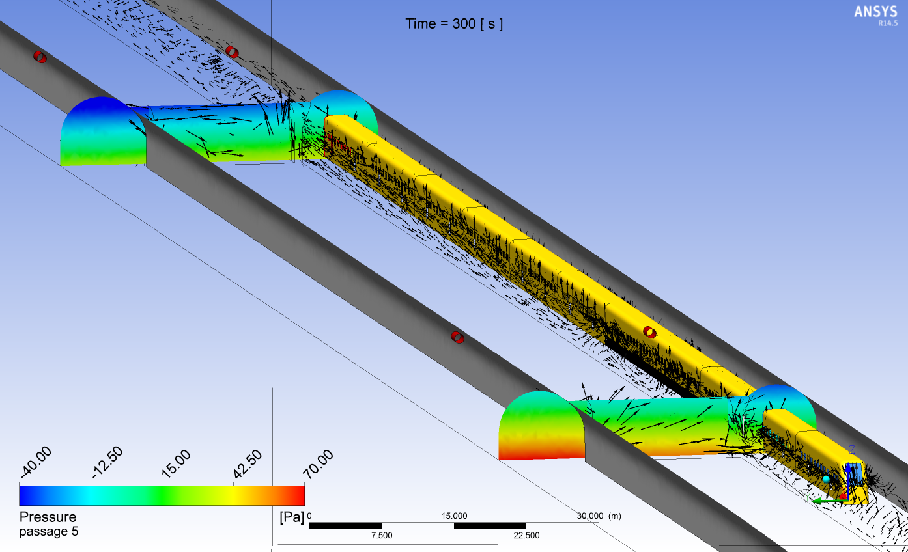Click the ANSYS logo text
point(875,11)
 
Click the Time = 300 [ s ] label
point(454,24)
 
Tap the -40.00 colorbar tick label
point(36,463)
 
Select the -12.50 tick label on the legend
point(107,462)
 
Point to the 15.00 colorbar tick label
point(176,463)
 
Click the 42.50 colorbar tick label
point(248,463)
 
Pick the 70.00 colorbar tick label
point(319,463)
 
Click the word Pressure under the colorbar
point(48,517)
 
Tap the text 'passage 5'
point(49,531)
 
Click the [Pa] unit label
point(291,517)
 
